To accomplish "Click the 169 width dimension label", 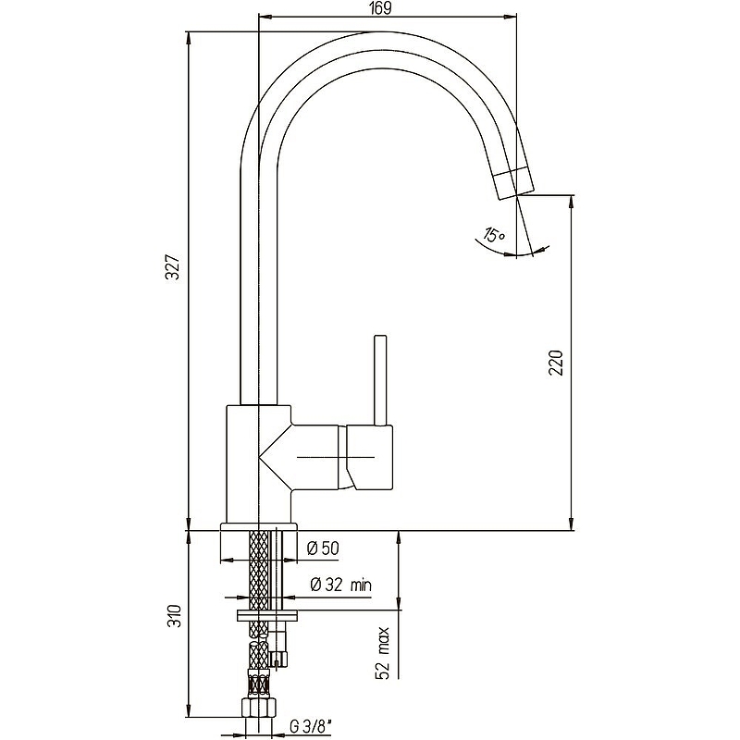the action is pyautogui.click(x=382, y=8).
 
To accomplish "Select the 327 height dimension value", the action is pyautogui.click(x=175, y=267).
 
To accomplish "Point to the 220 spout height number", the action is pyautogui.click(x=556, y=362).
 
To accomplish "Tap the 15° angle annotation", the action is pyautogui.click(x=494, y=235).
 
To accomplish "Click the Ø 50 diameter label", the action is pyautogui.click(x=323, y=548).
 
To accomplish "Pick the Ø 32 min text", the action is pyautogui.click(x=340, y=585).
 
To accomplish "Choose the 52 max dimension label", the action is pyautogui.click(x=383, y=653).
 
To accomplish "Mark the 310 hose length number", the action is pyautogui.click(x=175, y=615).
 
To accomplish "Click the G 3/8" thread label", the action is pyautogui.click(x=310, y=727).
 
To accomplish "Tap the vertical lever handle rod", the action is pyautogui.click(x=380, y=380).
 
